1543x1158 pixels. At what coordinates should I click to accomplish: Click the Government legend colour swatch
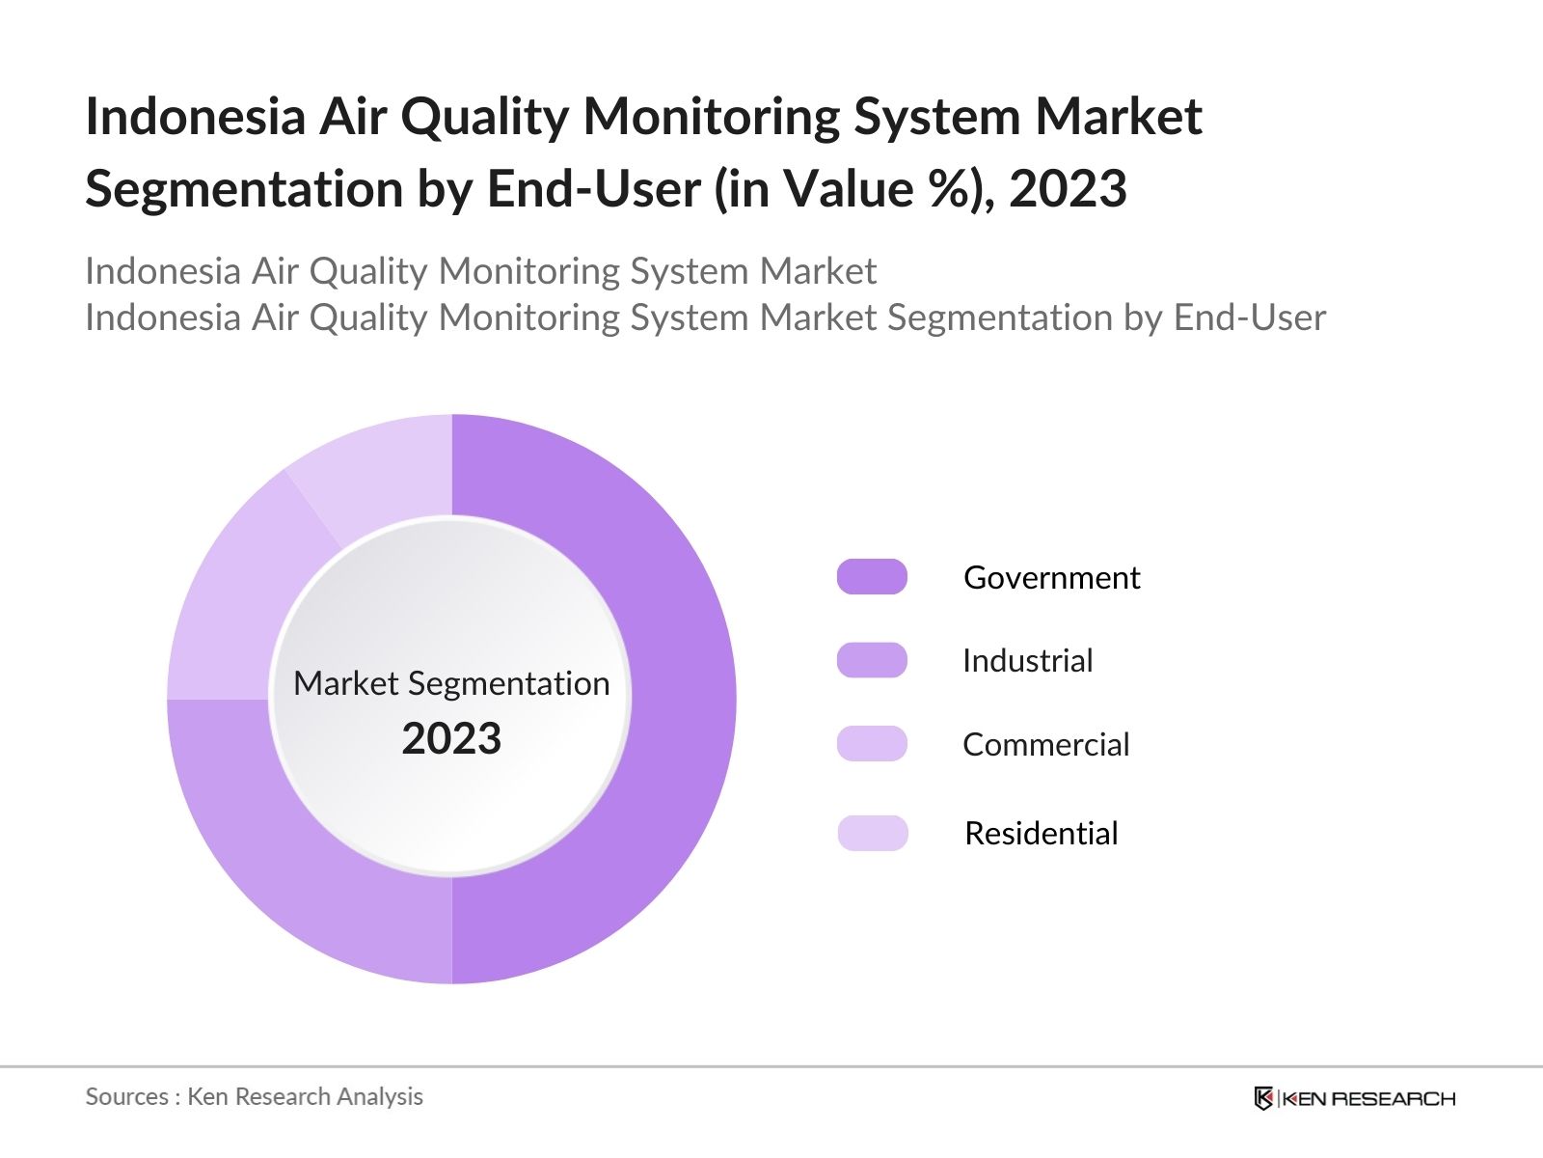(872, 577)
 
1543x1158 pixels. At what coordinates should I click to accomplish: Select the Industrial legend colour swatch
(872, 661)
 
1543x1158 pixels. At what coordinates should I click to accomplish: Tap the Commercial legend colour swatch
(872, 744)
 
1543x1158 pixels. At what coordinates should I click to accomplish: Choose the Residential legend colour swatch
(872, 833)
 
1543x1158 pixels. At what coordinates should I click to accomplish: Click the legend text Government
(1051, 577)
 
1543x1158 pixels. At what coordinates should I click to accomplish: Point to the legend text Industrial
(1027, 661)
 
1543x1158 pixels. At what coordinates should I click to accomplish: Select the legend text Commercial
(1045, 744)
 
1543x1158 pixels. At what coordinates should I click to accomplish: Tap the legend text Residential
(1041, 833)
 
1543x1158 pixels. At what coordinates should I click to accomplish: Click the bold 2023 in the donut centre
(451, 739)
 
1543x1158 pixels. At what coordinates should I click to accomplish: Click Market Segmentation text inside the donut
(451, 683)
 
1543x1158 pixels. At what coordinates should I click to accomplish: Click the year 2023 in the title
(1068, 188)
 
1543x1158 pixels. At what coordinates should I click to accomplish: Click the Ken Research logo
(1354, 1098)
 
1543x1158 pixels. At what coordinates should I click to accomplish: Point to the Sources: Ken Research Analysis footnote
(254, 1096)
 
